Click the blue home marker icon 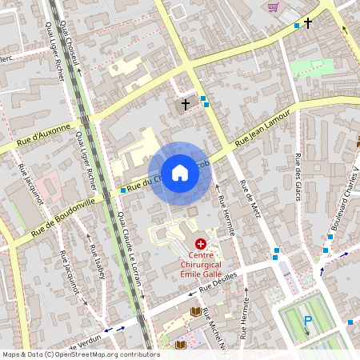[x=179, y=173]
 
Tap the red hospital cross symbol [x=200, y=242]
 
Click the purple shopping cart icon [x=274, y=7]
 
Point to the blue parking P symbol [x=307, y=322]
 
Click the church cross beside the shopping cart [x=307, y=24]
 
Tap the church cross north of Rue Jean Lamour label [x=186, y=104]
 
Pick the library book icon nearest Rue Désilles [x=196, y=310]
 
